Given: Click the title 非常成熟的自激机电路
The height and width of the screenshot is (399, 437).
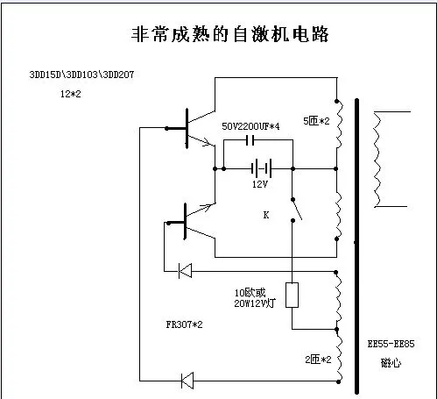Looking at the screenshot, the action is coord(229,34).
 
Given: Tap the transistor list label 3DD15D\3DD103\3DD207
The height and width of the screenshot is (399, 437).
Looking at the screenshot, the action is coord(81,75).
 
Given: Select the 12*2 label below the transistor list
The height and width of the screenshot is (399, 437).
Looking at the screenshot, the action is coord(71,94).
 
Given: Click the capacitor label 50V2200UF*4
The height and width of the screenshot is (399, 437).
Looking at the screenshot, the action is coord(250,126).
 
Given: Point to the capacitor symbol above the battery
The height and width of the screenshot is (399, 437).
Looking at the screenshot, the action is coord(250,140).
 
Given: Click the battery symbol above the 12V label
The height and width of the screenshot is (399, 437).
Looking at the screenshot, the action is coord(262,168).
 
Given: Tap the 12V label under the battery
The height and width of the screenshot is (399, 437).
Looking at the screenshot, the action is coord(260,184).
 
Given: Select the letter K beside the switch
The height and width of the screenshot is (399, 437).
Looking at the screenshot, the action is coord(266,215).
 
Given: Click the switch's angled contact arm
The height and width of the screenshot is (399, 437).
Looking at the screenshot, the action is coord(297,210).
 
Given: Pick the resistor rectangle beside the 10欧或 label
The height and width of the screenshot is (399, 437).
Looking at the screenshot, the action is coord(292,295).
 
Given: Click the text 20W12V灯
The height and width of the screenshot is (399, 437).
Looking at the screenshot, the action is coord(255,303).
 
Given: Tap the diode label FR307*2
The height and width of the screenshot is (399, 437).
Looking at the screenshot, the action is coord(184,324).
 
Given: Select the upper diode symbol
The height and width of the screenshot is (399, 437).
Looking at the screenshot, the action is coord(185,271).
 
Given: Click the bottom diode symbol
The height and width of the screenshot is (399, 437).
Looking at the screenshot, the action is coord(187,381).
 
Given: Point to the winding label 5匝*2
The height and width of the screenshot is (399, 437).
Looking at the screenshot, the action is coord(316,121).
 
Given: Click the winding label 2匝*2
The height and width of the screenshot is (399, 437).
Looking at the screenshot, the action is coord(318,360).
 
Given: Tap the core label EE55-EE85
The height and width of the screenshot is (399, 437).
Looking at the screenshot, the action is coord(391,344).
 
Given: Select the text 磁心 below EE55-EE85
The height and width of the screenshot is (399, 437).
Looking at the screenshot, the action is coord(391,363).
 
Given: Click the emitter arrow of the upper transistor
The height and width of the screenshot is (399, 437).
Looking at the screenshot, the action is coord(207,143).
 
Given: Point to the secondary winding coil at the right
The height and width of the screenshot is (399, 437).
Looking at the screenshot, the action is coord(377,160).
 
